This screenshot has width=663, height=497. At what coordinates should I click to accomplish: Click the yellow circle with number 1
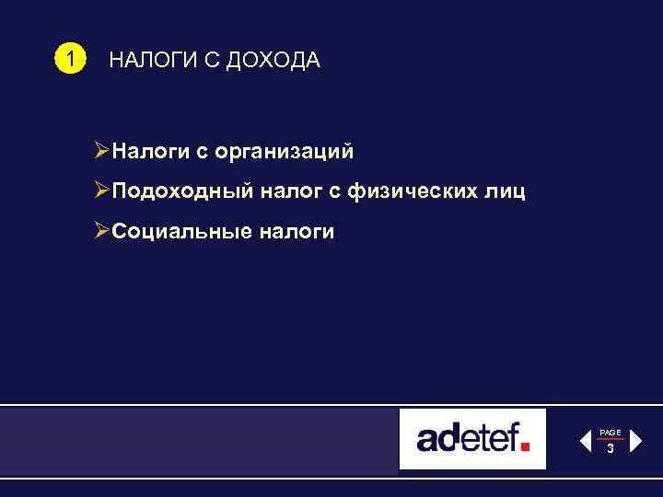coord(67,61)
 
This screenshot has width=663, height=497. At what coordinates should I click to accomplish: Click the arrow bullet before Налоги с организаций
coord(102,150)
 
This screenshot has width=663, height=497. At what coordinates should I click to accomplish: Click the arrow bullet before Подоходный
coord(102,191)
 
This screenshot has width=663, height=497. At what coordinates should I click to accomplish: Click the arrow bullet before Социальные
coord(102,232)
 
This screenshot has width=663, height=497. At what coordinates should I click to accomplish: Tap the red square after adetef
coord(526,447)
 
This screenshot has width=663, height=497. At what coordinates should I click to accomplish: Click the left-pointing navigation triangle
coord(585,440)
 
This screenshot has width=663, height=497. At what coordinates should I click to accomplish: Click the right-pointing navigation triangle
coord(634,440)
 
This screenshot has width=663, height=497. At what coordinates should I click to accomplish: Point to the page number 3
coord(610,448)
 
